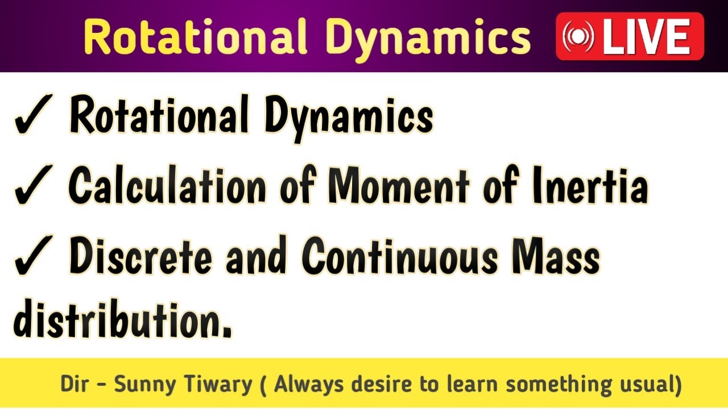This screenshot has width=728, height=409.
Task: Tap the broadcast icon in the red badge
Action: click(578, 37)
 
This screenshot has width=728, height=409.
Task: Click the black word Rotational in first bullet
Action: click(159, 115)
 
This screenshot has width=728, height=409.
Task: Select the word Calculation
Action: click(167, 186)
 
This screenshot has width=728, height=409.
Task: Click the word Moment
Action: click(399, 186)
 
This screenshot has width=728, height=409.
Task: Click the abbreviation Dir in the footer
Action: click(75, 385)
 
